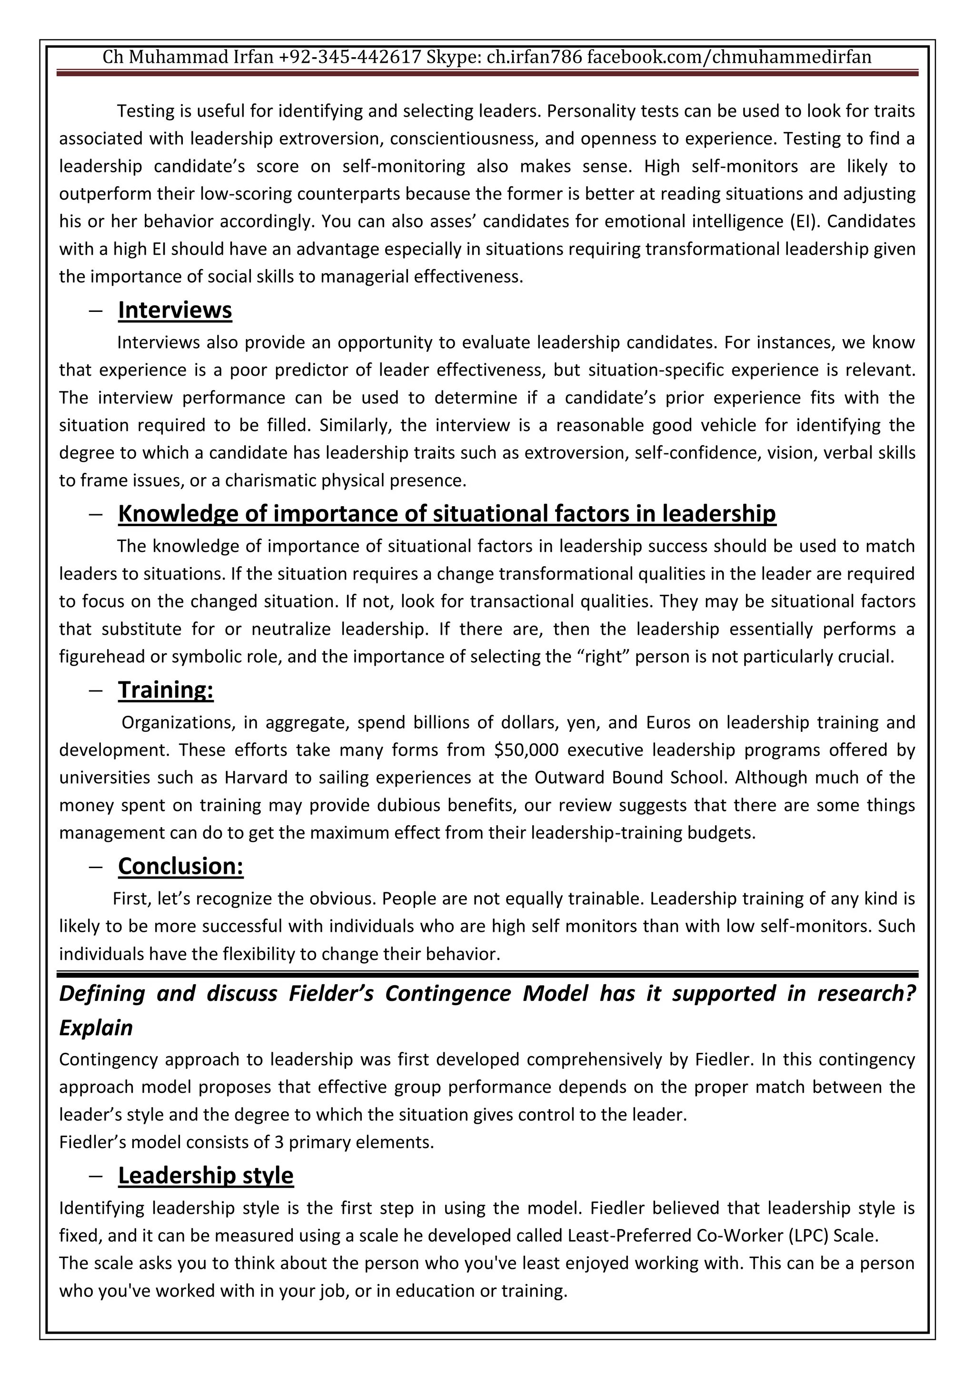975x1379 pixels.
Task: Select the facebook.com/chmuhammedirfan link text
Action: click(x=729, y=58)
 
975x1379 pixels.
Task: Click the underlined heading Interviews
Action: click(x=175, y=310)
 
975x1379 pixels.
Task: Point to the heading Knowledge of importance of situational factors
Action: click(x=447, y=514)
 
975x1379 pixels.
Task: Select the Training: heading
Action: click(x=166, y=690)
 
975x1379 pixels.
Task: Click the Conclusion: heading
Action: click(x=181, y=866)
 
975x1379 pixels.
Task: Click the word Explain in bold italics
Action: click(x=96, y=1028)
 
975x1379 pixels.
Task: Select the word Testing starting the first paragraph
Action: click(x=146, y=111)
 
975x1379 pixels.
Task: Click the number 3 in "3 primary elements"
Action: click(x=279, y=1142)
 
